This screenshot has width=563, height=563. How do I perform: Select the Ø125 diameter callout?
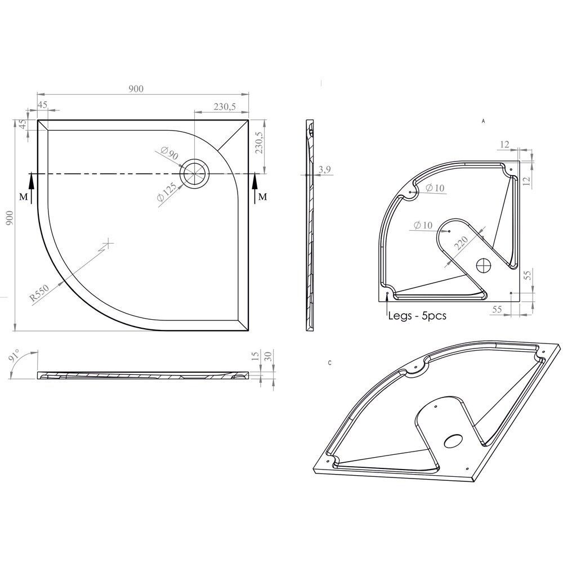point(167,191)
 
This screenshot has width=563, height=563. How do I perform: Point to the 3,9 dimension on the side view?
point(324,169)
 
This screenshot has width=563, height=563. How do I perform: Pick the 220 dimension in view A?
point(461,244)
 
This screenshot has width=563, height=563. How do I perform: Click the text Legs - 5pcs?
point(417,316)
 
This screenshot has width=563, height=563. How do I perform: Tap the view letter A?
point(483,121)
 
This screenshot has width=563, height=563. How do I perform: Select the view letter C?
point(329,363)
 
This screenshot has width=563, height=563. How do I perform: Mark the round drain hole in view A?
point(484,265)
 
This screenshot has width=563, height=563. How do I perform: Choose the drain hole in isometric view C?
point(453,440)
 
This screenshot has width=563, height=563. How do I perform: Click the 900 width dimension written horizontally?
point(136,88)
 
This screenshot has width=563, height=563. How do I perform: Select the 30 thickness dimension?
point(269,356)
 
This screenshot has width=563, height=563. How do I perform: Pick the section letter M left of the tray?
point(23,197)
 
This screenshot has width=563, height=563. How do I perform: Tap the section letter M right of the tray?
point(262,197)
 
